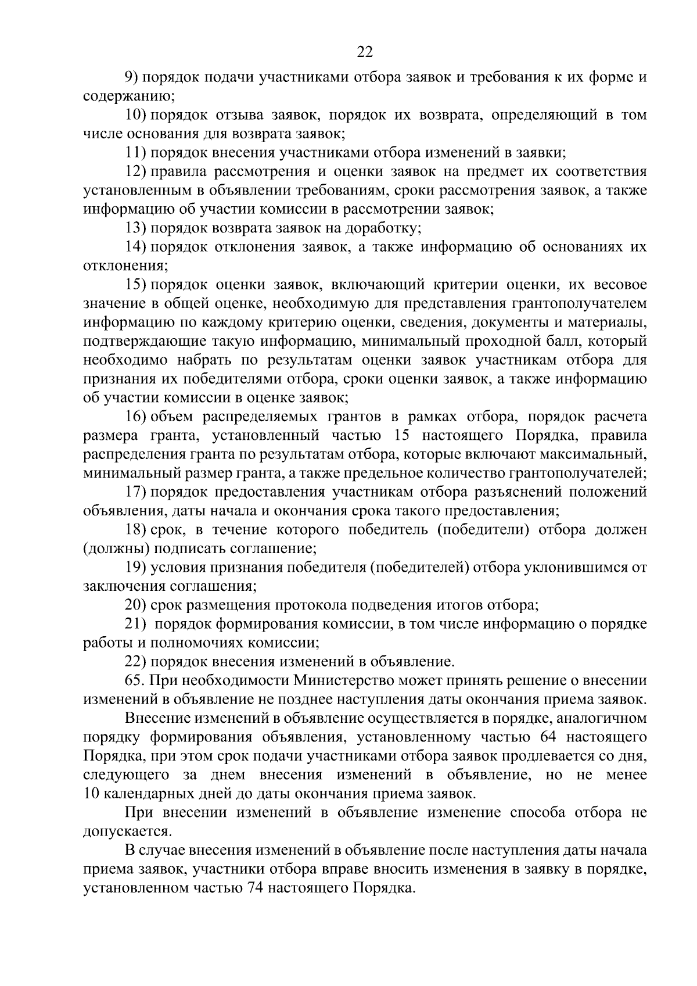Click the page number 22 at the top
(x=364, y=52)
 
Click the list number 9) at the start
(x=134, y=78)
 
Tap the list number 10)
(x=137, y=115)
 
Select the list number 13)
(x=137, y=228)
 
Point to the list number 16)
(x=137, y=417)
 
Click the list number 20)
(x=137, y=605)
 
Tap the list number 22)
(x=137, y=661)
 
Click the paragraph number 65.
(x=135, y=680)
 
